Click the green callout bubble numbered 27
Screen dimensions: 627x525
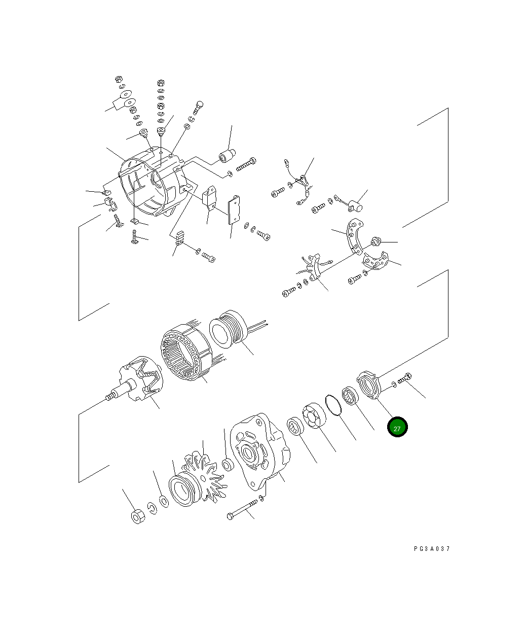pos(397,428)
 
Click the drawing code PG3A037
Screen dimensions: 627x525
pos(431,549)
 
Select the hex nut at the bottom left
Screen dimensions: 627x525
pos(138,516)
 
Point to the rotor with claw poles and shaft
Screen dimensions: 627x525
pos(138,385)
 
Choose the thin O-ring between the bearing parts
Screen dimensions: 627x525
pos(332,405)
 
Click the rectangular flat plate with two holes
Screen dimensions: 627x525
pos(235,210)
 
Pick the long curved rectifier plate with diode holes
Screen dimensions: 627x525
pos(354,237)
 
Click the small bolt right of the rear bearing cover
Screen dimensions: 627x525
pos(406,379)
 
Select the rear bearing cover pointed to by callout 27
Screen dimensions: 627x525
pos(369,385)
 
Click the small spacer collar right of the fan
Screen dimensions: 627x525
pos(228,464)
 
